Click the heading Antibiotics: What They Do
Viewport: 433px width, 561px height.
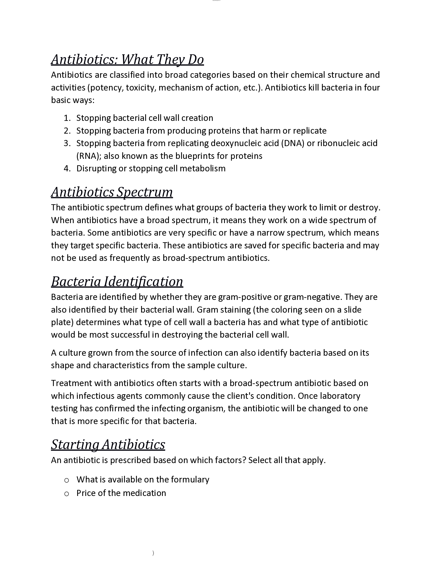pos(127,60)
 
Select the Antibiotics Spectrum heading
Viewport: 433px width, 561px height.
pos(112,192)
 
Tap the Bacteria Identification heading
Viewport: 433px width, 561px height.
pos(117,282)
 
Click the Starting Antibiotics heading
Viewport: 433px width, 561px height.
pos(108,444)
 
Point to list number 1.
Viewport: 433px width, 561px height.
pos(67,118)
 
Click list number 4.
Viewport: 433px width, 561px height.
pos(67,169)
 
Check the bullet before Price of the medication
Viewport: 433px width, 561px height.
pos(66,494)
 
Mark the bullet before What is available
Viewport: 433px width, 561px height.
pos(66,480)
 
